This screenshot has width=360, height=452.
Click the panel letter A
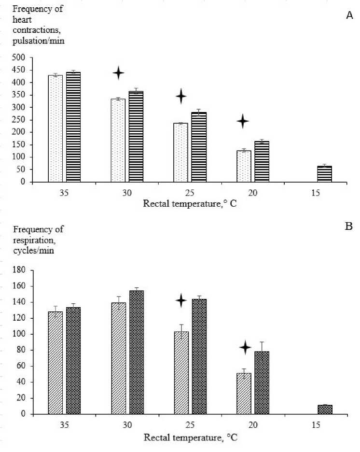tap(350, 16)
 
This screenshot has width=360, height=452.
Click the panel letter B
tap(350, 238)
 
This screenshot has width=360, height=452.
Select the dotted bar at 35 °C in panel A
tap(55, 128)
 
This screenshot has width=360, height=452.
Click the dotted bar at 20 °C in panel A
tap(244, 166)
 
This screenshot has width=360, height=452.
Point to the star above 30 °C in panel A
tap(118, 73)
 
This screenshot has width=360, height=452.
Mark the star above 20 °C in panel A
tap(243, 121)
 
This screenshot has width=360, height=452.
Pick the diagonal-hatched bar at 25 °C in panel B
tap(181, 372)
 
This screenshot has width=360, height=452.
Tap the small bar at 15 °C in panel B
tap(325, 410)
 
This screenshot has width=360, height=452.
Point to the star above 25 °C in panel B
tap(181, 301)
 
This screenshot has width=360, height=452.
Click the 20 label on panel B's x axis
tap(252, 427)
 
